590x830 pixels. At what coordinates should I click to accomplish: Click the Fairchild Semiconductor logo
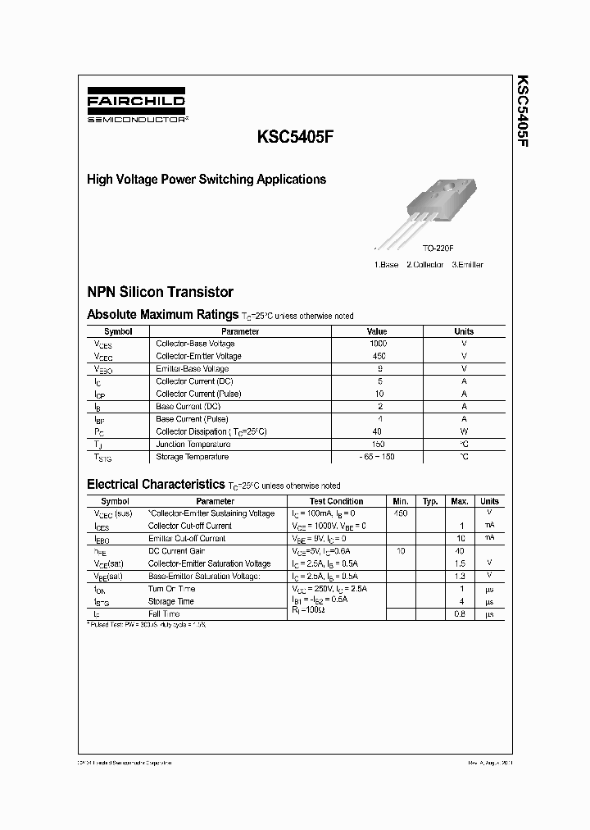point(136,107)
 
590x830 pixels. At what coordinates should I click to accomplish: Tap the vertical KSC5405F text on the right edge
point(522,112)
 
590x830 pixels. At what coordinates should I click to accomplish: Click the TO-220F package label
point(438,248)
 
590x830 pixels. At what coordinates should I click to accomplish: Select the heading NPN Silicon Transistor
point(160,292)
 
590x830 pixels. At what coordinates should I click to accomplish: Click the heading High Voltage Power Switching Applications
point(206,179)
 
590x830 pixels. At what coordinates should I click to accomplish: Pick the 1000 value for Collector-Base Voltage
point(379,344)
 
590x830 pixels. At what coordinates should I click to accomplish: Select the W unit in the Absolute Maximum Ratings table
point(464,431)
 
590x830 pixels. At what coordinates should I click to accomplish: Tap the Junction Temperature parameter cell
point(193,444)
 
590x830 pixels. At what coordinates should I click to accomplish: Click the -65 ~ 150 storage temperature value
point(377,457)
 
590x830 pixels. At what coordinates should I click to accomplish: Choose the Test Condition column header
point(336,501)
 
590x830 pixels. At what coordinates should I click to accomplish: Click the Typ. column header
point(430,501)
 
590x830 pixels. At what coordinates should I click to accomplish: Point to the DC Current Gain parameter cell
point(176,551)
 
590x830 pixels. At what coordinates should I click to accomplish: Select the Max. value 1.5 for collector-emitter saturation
point(460,563)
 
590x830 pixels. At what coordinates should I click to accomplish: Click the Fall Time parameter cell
point(164,613)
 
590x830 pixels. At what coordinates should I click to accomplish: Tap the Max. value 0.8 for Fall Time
point(460,613)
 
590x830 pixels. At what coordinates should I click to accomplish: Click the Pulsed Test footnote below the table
point(147,625)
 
